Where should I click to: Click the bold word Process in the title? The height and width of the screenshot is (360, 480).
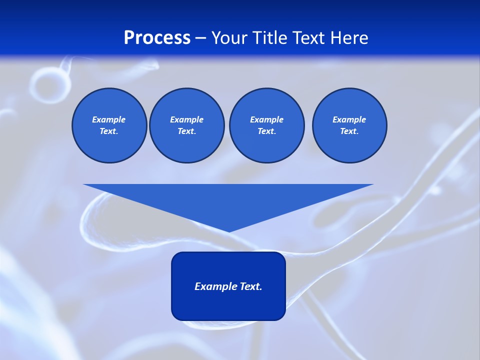click(157, 38)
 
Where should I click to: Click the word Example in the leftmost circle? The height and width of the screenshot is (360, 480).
click(108, 119)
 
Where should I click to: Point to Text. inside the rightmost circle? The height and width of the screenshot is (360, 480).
click(349, 131)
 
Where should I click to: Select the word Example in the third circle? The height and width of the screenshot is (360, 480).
click(266, 119)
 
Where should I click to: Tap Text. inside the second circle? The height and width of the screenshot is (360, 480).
click(186, 131)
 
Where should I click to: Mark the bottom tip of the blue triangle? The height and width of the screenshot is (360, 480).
click(228, 230)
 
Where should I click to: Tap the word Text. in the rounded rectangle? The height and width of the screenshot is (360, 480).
click(251, 286)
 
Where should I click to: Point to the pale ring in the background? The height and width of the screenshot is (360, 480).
click(46, 84)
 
